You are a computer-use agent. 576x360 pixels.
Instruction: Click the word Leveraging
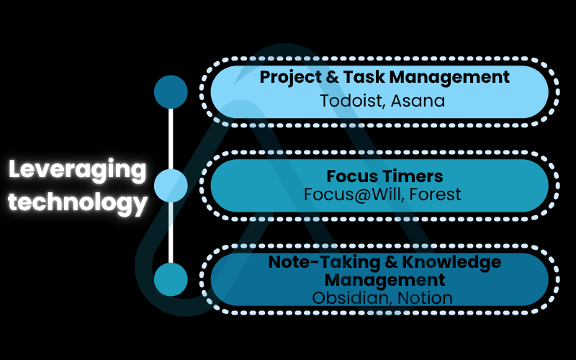(78, 171)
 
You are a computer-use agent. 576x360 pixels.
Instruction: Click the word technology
(78, 202)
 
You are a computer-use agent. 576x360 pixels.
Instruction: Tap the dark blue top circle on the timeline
(171, 91)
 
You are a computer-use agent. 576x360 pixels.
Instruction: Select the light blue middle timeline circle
(171, 186)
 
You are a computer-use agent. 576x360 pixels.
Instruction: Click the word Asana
(420, 100)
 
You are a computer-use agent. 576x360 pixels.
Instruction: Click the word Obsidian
(346, 297)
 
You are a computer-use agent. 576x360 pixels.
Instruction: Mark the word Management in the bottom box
(384, 279)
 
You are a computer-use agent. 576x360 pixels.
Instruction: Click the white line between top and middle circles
(171, 139)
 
